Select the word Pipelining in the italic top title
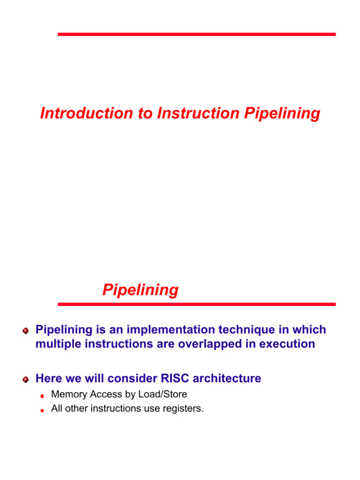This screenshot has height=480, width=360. pyautogui.click(x=282, y=113)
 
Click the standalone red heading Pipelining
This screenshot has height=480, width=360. pyautogui.click(x=140, y=290)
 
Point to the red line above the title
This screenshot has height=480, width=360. pyautogui.click(x=196, y=34)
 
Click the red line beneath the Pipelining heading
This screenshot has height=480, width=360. pyautogui.click(x=196, y=304)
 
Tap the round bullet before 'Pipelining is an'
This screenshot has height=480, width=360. pyautogui.click(x=26, y=331)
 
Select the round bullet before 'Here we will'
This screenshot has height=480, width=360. pyautogui.click(x=26, y=379)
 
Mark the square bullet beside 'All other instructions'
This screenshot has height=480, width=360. pyautogui.click(x=42, y=410)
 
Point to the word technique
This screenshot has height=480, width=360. pyautogui.click(x=247, y=330)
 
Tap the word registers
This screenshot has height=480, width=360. pyautogui.click(x=184, y=409)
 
